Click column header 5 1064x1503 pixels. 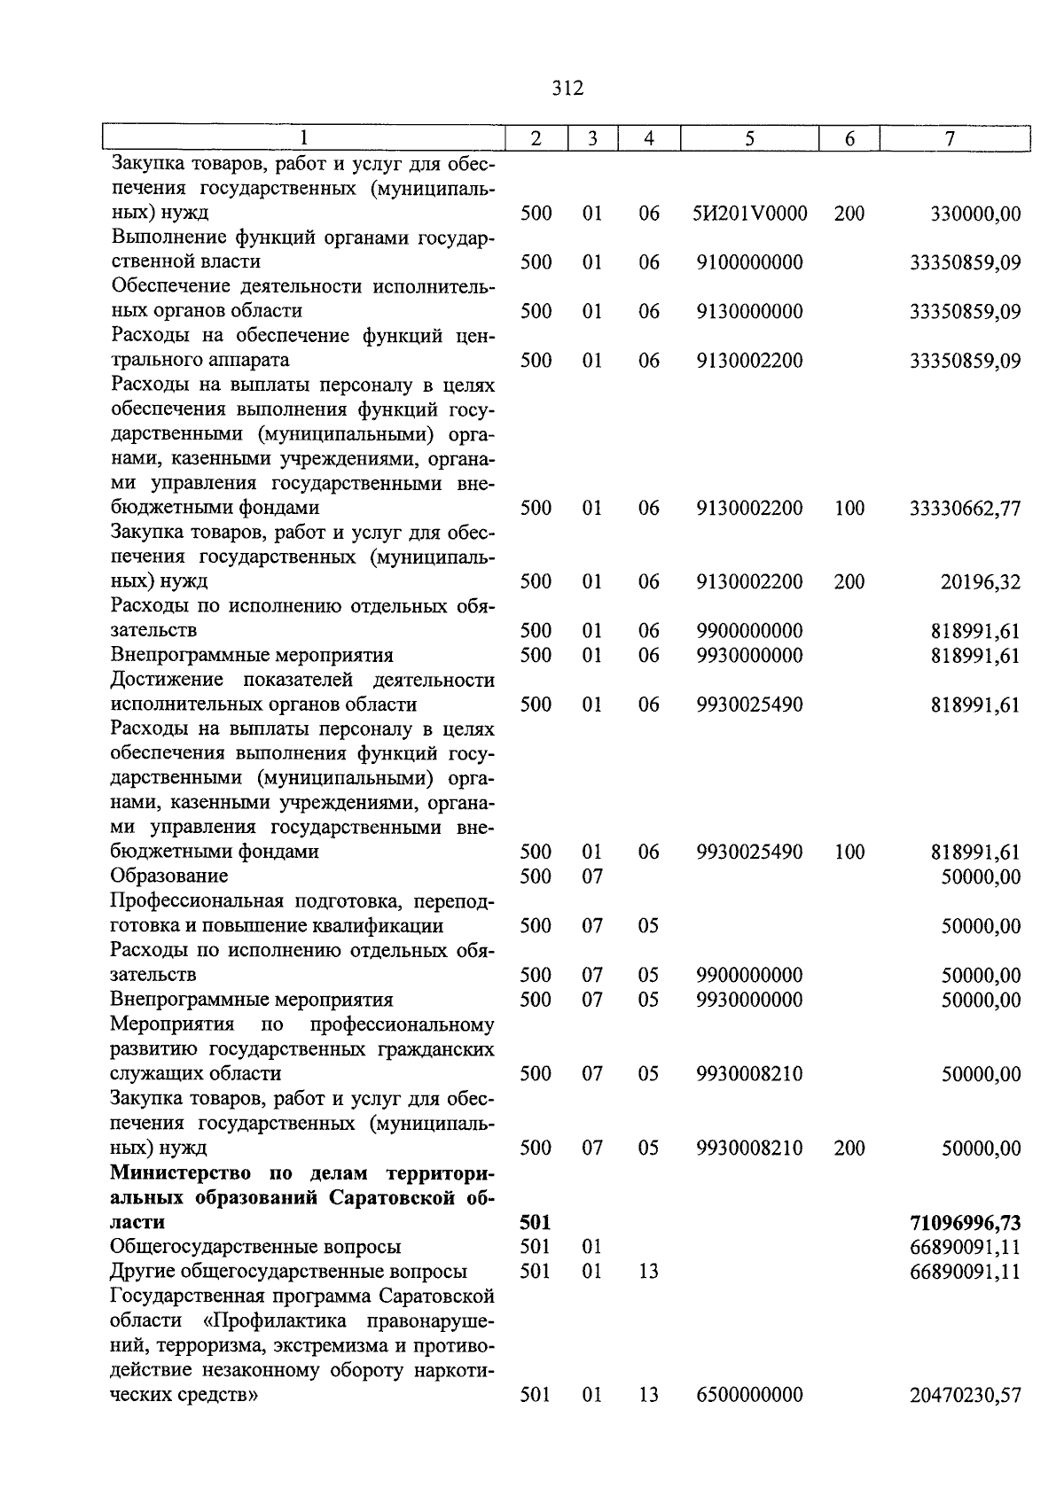(749, 139)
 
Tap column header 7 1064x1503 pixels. (950, 139)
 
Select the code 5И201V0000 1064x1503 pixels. (749, 214)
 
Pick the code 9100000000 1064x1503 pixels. (749, 262)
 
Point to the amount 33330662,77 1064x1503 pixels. (965, 509)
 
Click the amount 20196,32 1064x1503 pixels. (980, 582)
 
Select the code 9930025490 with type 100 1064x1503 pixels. (749, 853)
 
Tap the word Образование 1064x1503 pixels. (169, 876)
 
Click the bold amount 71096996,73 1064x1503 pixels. (965, 1224)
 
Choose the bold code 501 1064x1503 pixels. (536, 1223)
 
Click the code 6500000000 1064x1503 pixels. (749, 1396)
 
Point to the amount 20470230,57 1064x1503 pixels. (965, 1396)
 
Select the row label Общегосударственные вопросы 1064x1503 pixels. (255, 1248)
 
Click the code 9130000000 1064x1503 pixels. (749, 312)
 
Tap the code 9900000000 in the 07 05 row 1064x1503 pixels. (749, 976)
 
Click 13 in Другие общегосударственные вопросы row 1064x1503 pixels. (649, 1272)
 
